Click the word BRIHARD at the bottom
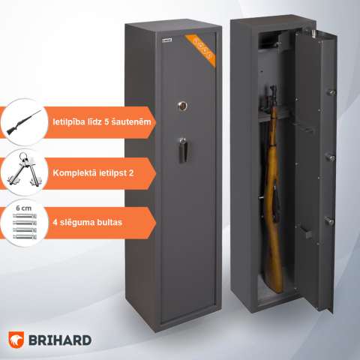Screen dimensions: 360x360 (64, 340)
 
